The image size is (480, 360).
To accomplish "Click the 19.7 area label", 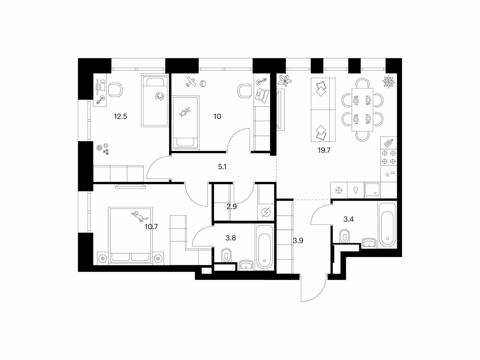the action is (324, 150).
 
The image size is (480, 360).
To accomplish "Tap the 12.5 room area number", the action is (121, 116).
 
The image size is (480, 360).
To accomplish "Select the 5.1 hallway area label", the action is (222, 167).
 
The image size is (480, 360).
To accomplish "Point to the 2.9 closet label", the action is (232, 207).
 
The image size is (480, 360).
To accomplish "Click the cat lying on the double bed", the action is (139, 216).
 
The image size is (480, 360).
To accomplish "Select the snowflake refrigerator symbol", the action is (339, 190).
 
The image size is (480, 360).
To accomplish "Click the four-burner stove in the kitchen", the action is (388, 157).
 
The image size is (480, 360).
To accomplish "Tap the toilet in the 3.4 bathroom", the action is (345, 236).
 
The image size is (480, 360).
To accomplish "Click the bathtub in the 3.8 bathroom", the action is (265, 249).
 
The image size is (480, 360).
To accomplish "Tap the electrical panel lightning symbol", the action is (266, 212).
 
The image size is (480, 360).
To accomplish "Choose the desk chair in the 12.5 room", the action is (115, 90).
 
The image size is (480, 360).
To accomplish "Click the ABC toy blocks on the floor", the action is (106, 151).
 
